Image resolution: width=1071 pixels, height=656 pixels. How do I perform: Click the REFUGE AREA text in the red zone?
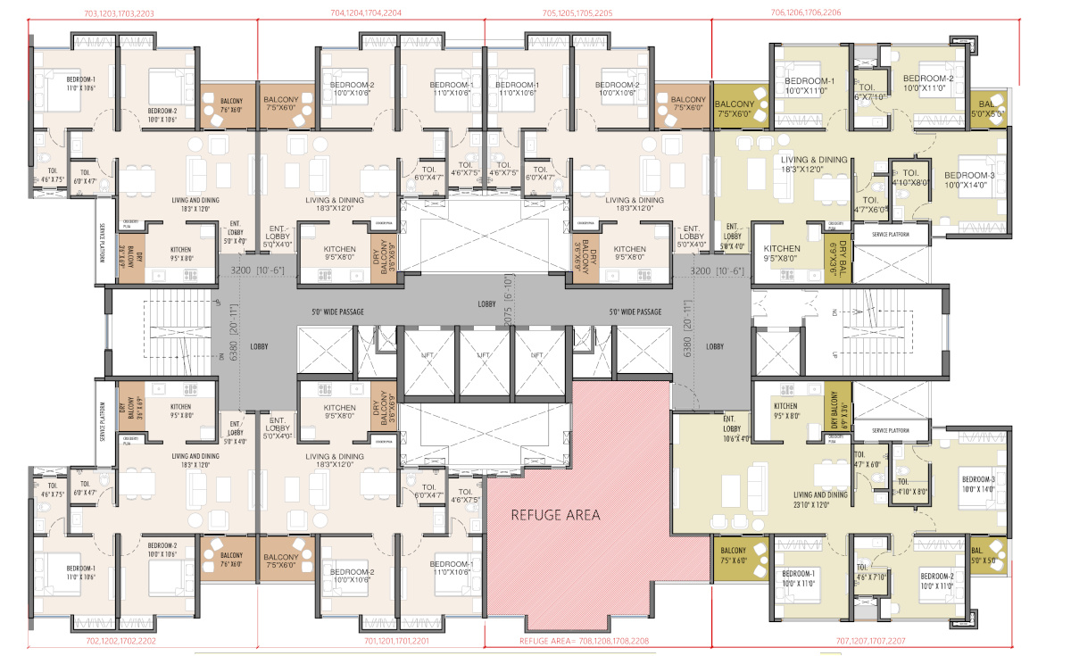(x=555, y=515)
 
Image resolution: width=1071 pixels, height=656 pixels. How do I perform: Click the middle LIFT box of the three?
(x=484, y=355)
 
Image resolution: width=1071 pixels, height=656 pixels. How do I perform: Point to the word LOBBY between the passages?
(x=486, y=305)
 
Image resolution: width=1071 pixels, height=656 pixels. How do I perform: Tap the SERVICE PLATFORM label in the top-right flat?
(x=883, y=235)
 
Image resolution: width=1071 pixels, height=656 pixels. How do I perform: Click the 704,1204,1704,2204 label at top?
(x=366, y=13)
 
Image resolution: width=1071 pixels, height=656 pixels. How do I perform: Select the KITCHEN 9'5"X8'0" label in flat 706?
(x=782, y=253)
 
